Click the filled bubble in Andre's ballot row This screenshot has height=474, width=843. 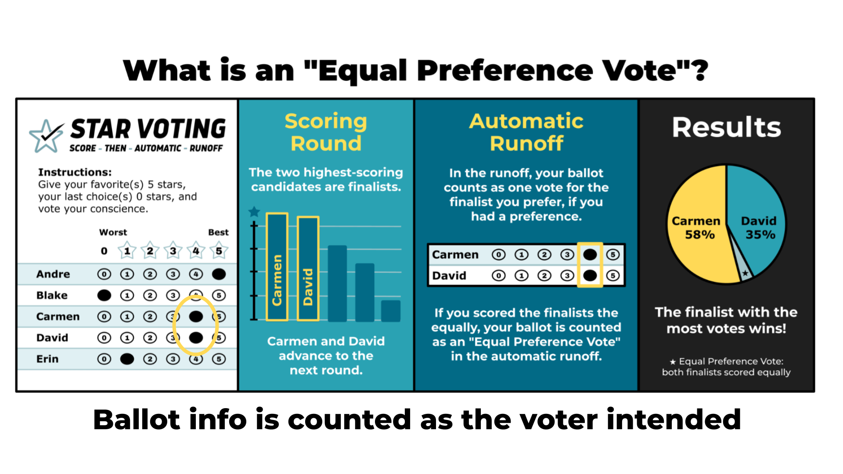click(x=219, y=274)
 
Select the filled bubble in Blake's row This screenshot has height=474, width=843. click(x=104, y=295)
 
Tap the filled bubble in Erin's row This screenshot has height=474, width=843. click(x=127, y=359)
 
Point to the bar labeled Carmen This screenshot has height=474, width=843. click(x=277, y=267)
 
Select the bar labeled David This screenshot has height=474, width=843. click(x=308, y=268)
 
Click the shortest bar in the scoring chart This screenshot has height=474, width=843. click(x=390, y=311)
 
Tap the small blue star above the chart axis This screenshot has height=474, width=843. click(x=254, y=212)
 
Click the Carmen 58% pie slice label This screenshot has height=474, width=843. click(x=696, y=227)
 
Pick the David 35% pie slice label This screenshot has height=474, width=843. click(x=759, y=227)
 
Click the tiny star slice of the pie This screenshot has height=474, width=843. click(x=745, y=273)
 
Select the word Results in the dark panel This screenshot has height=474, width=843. click(x=727, y=128)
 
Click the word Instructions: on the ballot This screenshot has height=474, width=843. click(x=75, y=172)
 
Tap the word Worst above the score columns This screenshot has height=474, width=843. click(x=113, y=232)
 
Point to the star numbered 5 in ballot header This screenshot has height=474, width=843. click(x=219, y=251)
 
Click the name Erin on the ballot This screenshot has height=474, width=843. click(x=47, y=359)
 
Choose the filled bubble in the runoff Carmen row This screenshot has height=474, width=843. click(x=590, y=255)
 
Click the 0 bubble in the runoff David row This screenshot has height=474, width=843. click(x=498, y=276)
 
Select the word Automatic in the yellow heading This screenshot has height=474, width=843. click(x=526, y=121)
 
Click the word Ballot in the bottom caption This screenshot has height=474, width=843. click(x=136, y=420)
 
